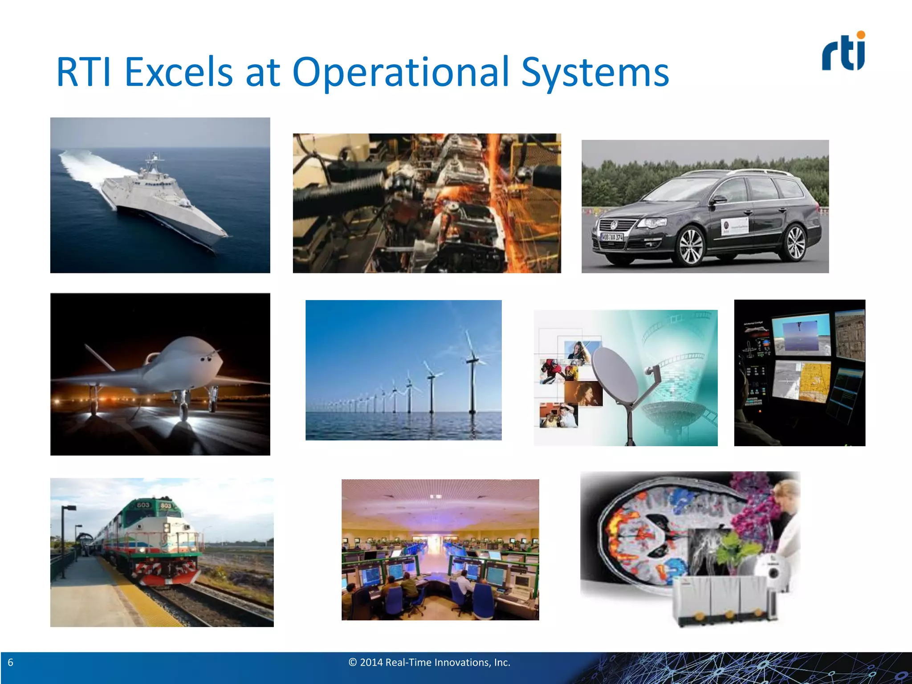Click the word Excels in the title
(178, 72)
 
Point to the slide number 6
(11, 663)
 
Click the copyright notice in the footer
(429, 663)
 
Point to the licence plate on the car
(611, 237)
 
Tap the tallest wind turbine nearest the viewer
(472, 374)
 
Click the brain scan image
(646, 534)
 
